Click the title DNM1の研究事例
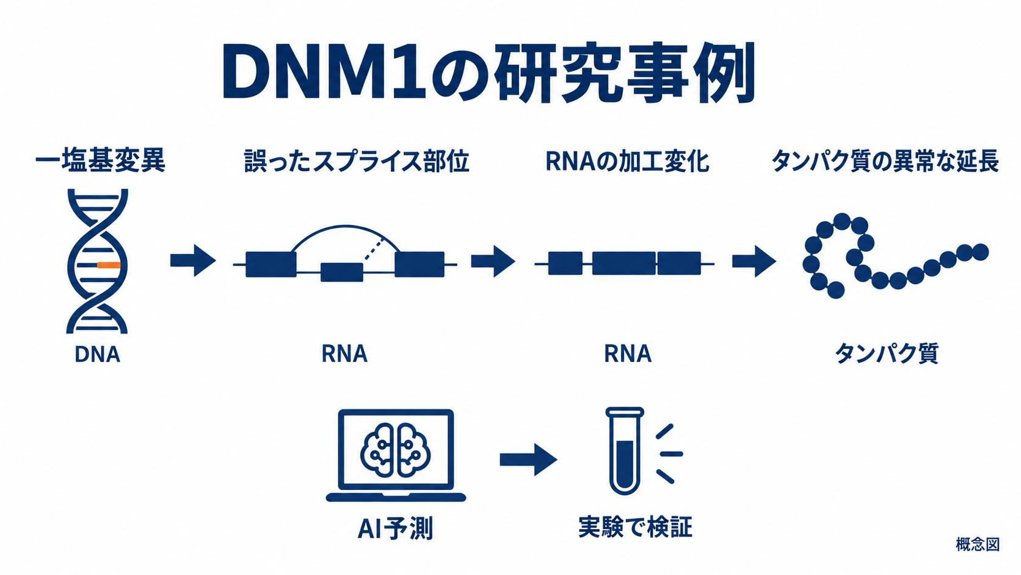click(488, 73)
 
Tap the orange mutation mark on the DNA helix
click(109, 265)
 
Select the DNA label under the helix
click(97, 354)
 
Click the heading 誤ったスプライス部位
click(357, 161)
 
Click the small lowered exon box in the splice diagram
click(342, 273)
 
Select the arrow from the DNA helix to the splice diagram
click(193, 260)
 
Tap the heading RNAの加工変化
click(627, 161)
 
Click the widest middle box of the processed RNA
click(624, 263)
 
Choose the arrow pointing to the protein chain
click(754, 262)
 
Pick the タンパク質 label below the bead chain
click(886, 353)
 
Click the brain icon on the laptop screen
click(396, 450)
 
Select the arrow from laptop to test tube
click(528, 459)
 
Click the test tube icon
click(625, 450)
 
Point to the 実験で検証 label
click(636, 527)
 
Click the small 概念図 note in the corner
click(978, 544)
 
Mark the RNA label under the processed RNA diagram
click(628, 354)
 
